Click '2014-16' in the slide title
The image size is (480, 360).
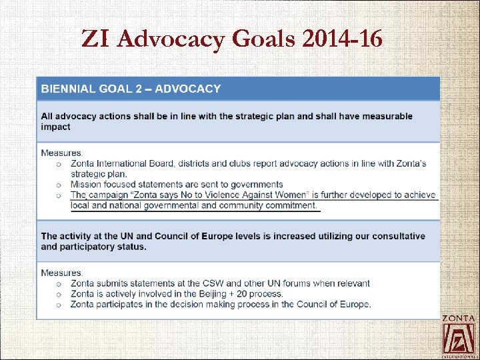click(x=342, y=39)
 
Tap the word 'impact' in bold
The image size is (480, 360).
click(x=55, y=127)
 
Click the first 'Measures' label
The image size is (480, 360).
click(x=61, y=153)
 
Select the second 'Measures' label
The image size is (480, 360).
click(x=61, y=273)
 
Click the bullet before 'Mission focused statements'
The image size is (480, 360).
click(x=59, y=185)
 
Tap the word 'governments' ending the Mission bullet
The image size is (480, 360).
click(x=258, y=185)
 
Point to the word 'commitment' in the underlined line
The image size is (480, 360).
click(x=289, y=205)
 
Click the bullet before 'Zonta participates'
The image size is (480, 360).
click(x=59, y=305)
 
